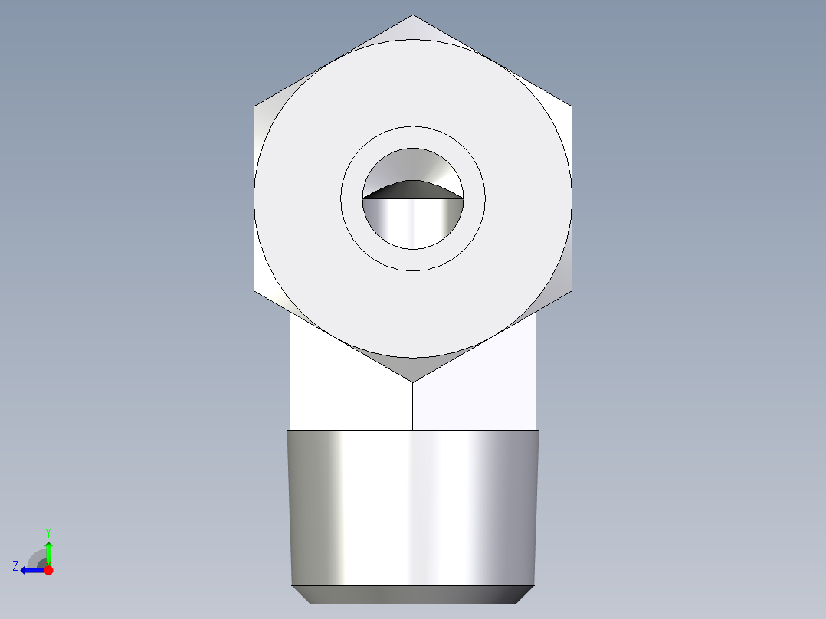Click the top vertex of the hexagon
413,15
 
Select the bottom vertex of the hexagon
413,382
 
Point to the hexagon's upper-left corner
254,106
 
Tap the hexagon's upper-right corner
572,106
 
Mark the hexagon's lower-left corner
254,291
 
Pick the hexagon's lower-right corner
572,291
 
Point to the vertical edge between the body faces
413,406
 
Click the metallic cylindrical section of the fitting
413,506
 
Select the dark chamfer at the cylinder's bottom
413,594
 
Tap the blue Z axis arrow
31,570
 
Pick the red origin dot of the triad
48,570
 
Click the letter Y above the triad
48,532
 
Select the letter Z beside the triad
15,566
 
